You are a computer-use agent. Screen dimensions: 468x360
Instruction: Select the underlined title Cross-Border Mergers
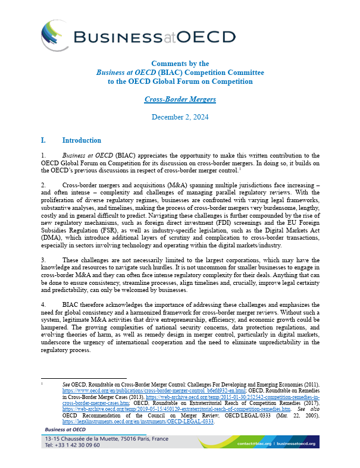click(180, 99)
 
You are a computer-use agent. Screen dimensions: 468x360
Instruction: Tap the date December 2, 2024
click(180, 117)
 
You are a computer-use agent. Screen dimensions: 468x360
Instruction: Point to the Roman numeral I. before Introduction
click(43, 141)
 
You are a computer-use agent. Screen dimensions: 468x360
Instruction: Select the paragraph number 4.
click(43, 304)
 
